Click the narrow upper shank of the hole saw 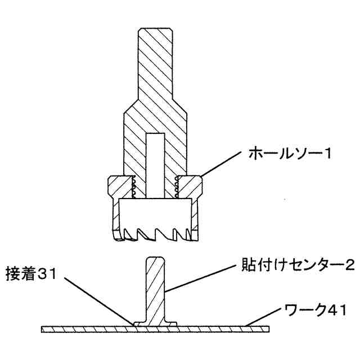pos(155,62)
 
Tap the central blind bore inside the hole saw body pos(155,163)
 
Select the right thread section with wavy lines pos(177,187)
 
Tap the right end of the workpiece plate pos(268,328)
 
